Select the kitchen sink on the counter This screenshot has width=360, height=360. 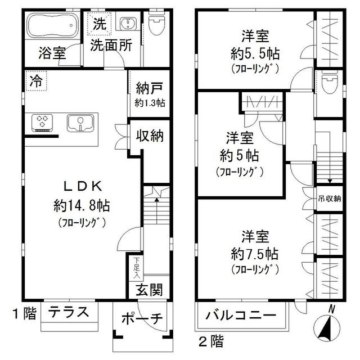tap(80, 121)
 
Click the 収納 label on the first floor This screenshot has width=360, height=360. tap(148, 136)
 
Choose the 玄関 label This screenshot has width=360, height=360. tap(150, 290)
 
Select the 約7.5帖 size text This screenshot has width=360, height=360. tap(254, 252)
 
